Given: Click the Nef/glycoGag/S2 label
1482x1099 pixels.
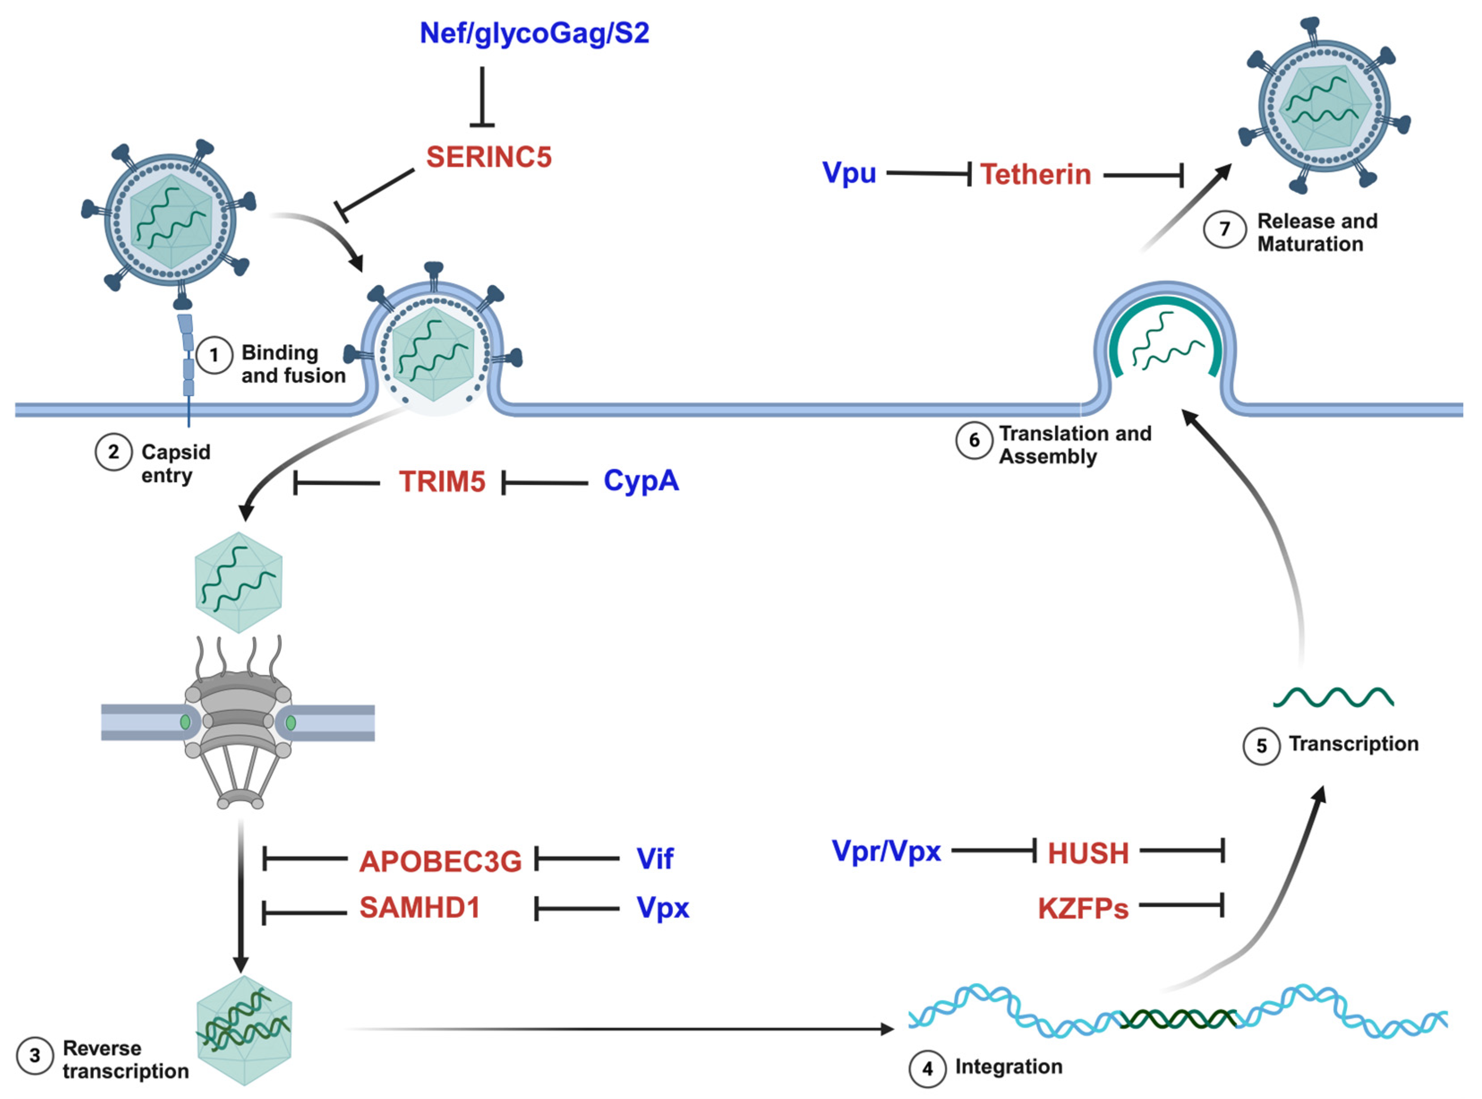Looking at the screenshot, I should point(534,33).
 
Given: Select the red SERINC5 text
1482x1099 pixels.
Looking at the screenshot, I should point(489,157).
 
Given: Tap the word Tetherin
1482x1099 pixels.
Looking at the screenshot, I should point(1036,174).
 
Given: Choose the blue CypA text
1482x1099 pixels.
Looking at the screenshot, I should point(641,480).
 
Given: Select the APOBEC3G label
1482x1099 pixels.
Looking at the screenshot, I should point(440,861).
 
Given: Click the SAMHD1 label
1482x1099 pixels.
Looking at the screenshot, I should point(420,907).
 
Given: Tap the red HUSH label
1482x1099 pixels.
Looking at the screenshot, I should point(1088,853).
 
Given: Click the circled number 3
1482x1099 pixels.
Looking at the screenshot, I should point(34,1056).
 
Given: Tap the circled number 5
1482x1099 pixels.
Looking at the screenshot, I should point(1261,746).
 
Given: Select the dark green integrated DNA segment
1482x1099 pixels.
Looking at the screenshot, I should point(1177,1018).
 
